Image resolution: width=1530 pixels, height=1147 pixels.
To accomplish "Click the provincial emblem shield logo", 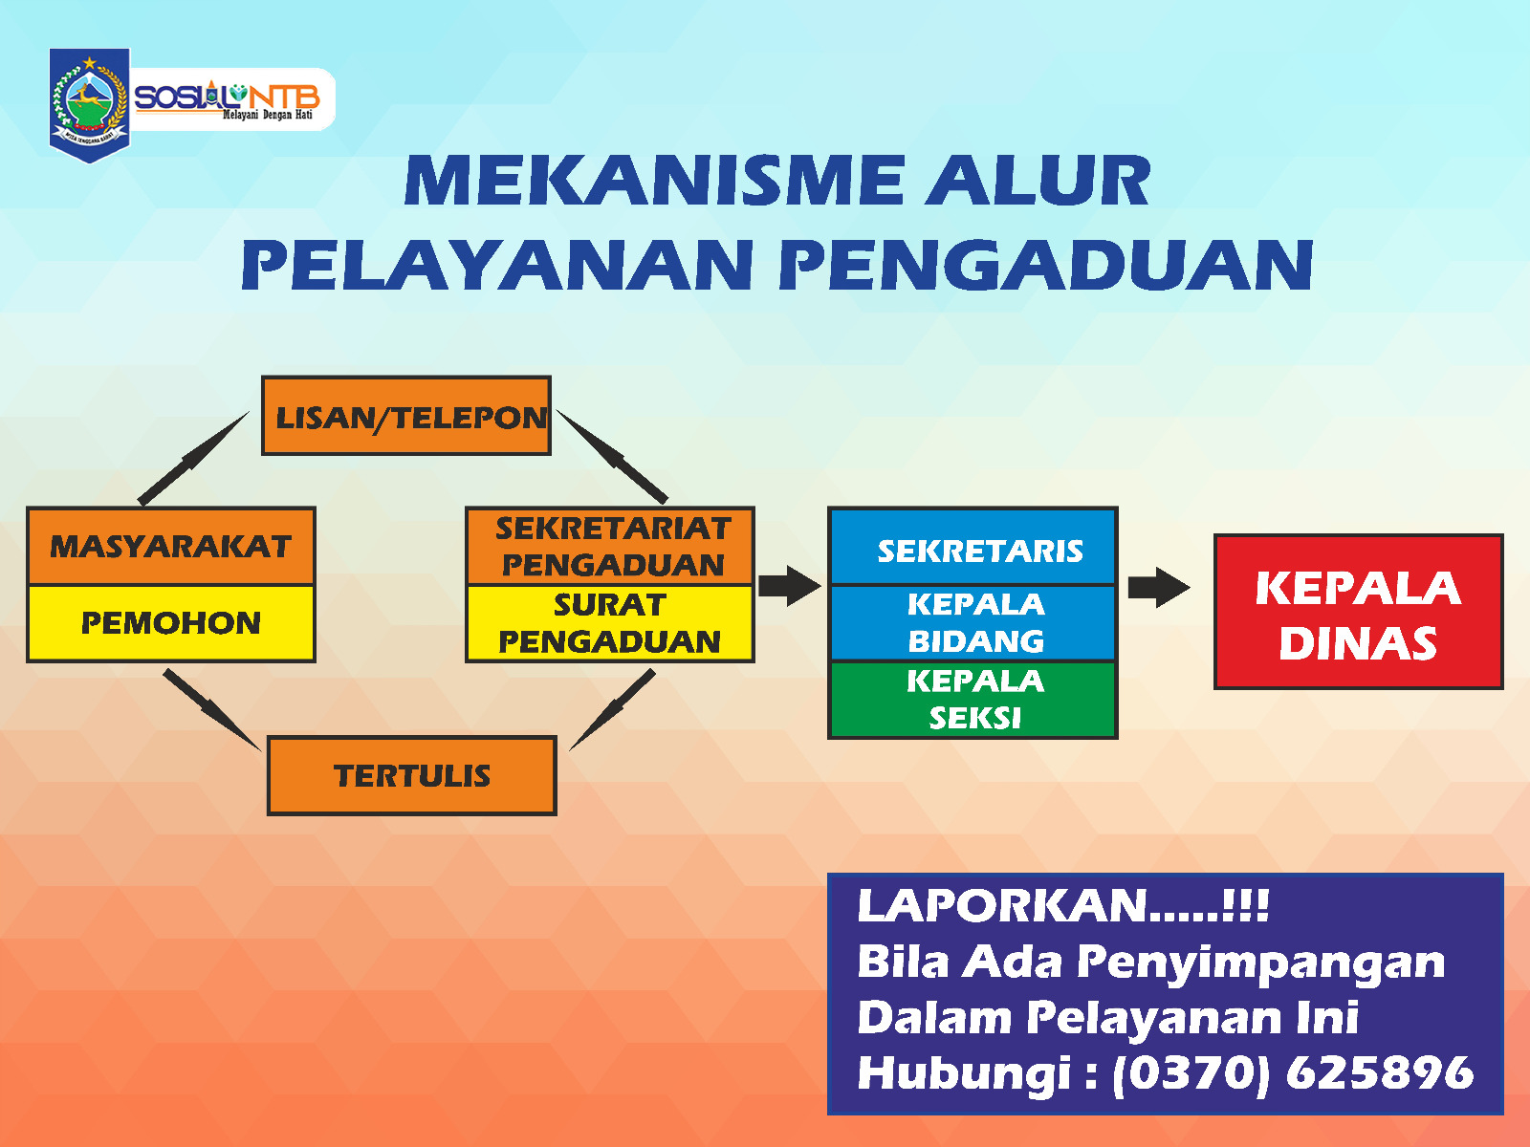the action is coord(89,105).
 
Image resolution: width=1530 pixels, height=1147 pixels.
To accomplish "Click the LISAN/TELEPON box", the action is coord(406,416).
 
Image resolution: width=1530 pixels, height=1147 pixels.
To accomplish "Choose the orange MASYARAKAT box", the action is coord(171,546).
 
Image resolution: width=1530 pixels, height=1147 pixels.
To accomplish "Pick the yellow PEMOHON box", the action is coord(171,623).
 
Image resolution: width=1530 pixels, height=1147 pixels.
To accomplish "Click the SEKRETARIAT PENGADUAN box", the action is coord(611,546).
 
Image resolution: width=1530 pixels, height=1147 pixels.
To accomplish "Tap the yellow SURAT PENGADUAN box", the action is coord(611,623).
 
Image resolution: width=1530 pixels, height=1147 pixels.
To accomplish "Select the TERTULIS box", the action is coord(412,775).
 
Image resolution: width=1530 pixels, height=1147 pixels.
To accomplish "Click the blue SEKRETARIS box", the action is coord(973,546).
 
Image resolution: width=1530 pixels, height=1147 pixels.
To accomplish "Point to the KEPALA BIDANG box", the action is coord(973,622).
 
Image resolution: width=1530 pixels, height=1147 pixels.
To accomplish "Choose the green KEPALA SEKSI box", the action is coord(973,700).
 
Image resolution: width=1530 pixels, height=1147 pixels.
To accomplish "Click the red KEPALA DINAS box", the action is coord(1359,612).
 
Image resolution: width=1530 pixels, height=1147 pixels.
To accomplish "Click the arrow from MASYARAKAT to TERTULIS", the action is coord(212,710).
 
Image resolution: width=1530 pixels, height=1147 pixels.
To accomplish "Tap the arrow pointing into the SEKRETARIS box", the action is coord(790,586).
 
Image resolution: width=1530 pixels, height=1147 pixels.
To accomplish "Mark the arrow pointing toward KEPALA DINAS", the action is coord(1159,587).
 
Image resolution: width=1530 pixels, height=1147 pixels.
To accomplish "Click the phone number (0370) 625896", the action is coord(1293,1072).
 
